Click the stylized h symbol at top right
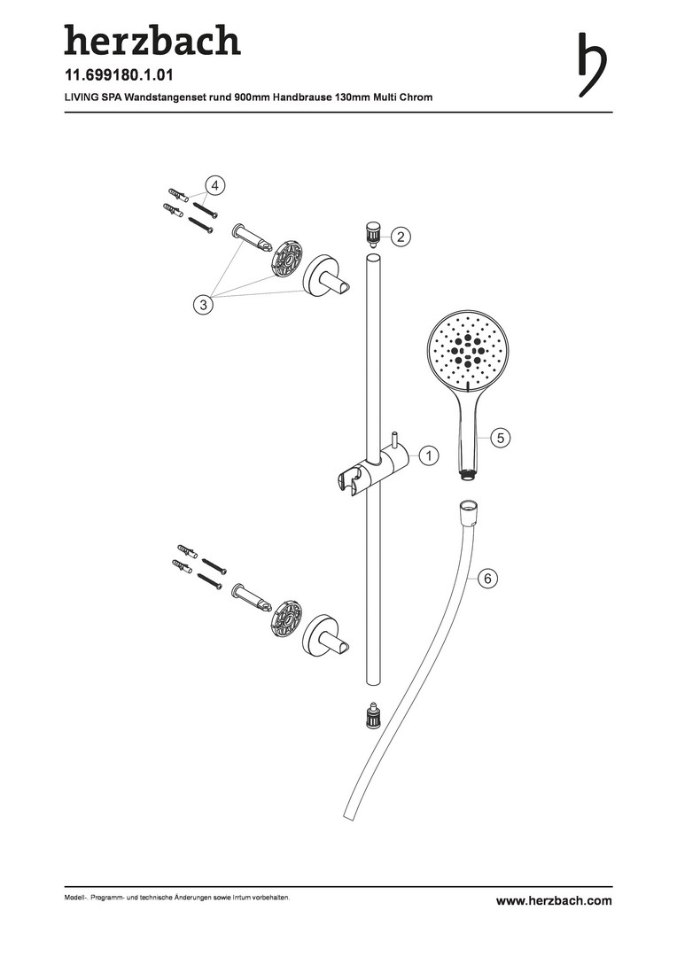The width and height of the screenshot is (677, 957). (592, 64)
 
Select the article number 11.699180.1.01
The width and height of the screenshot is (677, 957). (119, 75)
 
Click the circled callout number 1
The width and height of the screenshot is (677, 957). (429, 455)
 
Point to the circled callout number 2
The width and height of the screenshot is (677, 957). (401, 237)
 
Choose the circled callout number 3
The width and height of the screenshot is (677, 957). (203, 303)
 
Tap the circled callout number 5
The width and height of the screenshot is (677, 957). (501, 438)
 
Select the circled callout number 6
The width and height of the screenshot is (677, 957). (487, 578)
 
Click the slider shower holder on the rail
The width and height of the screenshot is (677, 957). (372, 467)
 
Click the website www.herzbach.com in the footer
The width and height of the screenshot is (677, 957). (554, 900)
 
